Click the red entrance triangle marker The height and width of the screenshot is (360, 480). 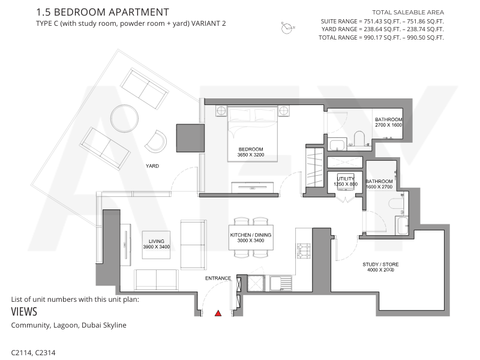coord(218,313)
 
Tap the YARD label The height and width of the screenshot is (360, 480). coord(152,166)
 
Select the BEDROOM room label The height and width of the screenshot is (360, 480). coord(251,149)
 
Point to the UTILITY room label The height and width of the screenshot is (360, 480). coord(346,179)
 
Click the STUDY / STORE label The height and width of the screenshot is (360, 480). coord(380,265)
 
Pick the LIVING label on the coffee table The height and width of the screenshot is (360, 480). coord(157,241)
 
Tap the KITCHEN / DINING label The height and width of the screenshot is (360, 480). coord(251,235)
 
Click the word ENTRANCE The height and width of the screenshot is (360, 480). coord(218,278)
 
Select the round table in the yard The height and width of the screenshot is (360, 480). coord(124,118)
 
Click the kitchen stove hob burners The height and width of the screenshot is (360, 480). coord(304,251)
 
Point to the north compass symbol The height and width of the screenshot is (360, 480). coord(287,28)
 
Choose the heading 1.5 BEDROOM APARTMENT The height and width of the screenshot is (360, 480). coord(103,12)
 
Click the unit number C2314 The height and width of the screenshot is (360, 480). coord(46,353)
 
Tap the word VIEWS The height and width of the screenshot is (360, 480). coord(24,311)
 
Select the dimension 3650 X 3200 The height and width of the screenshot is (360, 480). coord(251,155)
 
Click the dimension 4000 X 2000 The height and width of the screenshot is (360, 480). coord(380,270)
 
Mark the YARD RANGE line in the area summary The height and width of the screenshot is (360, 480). coord(382,29)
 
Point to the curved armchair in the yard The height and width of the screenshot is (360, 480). coord(156,141)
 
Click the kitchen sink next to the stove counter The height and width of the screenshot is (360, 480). coord(280,283)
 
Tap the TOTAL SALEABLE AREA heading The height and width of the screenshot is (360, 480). coord(408,13)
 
